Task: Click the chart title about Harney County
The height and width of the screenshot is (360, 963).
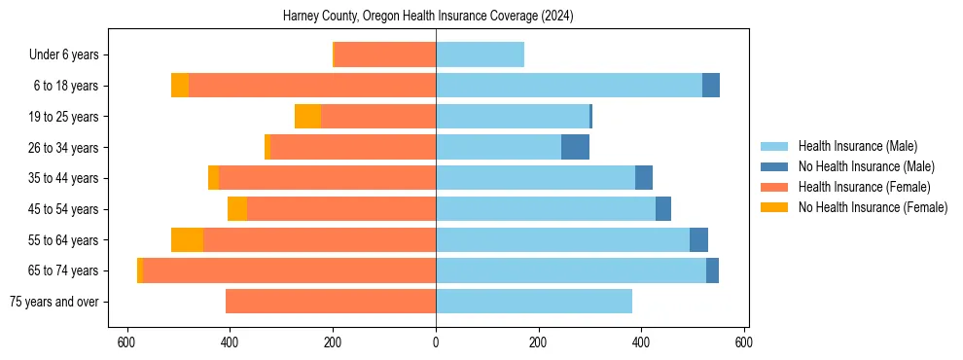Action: pos(436,17)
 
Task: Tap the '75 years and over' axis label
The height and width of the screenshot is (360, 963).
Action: pos(53,302)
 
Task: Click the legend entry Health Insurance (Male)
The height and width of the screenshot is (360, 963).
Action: pos(857,146)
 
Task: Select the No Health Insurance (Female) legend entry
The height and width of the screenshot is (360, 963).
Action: pos(873,207)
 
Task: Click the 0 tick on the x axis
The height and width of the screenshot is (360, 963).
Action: pos(436,342)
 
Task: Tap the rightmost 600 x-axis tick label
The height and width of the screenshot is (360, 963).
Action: pos(744,342)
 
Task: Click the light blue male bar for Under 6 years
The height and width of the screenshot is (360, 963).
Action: pos(480,55)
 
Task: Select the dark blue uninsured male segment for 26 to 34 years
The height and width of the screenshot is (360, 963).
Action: pos(575,148)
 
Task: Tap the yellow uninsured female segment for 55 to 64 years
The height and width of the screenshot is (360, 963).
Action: pos(187,240)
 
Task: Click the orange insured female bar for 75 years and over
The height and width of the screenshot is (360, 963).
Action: pos(331,302)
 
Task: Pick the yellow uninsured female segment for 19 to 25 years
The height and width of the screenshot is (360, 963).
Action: pos(307,117)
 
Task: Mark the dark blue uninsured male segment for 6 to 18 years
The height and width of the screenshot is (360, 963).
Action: pos(711,86)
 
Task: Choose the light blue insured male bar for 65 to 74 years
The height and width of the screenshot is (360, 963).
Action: pos(571,270)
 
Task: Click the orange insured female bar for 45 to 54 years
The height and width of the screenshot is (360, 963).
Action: pos(340,209)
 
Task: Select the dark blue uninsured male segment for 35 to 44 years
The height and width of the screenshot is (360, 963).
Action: pos(644,178)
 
